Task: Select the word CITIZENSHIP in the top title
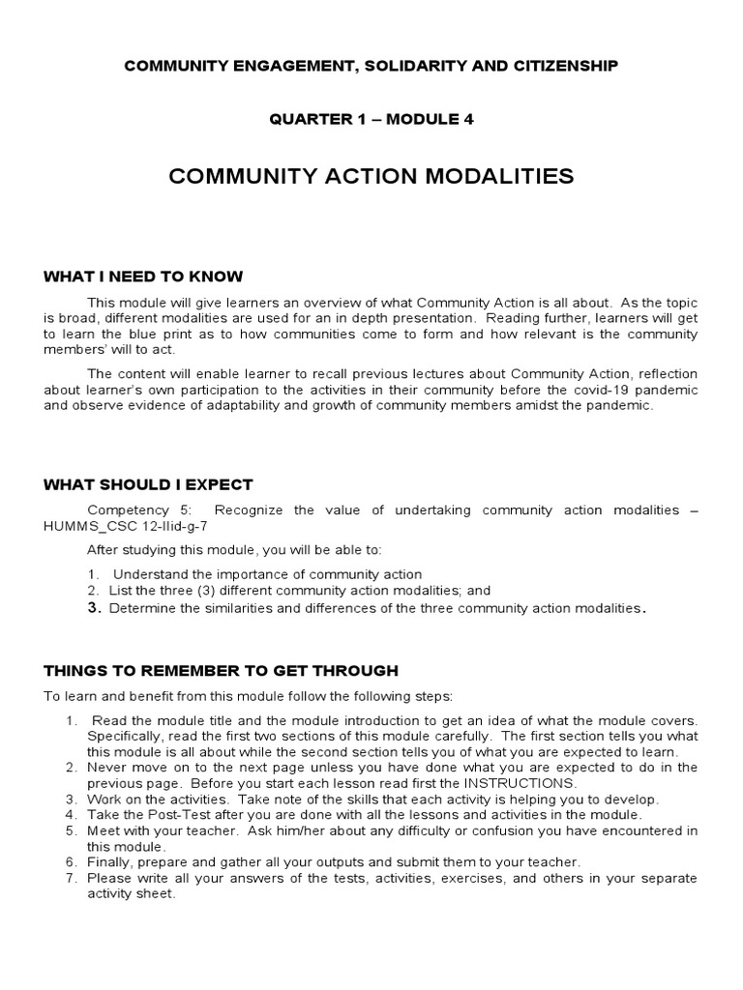[562, 66]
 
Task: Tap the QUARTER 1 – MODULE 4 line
[371, 119]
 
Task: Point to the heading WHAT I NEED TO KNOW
[143, 277]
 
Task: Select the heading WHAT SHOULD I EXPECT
[148, 484]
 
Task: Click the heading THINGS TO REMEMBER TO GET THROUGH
[221, 670]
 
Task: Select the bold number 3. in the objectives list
[94, 608]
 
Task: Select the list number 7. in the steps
[71, 878]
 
